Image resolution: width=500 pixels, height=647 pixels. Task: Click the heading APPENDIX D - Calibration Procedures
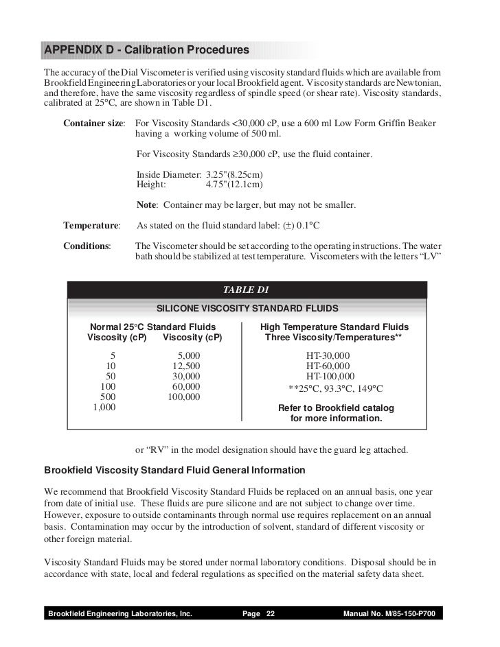click(x=146, y=51)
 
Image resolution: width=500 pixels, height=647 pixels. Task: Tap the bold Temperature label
click(x=91, y=225)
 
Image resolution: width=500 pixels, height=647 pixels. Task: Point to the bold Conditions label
click(x=87, y=246)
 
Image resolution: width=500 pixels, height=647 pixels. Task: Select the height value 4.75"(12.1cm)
click(x=234, y=185)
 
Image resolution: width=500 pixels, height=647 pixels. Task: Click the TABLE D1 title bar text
click(x=251, y=290)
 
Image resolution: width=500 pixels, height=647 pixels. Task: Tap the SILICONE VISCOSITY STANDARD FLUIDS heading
click(x=247, y=307)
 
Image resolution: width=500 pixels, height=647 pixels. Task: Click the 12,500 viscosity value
click(x=186, y=366)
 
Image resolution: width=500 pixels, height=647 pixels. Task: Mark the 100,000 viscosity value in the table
click(x=183, y=397)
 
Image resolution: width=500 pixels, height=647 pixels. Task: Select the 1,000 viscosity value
click(x=104, y=407)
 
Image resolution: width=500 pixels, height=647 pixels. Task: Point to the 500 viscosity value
click(x=107, y=397)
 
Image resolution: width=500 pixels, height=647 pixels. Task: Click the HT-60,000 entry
click(x=328, y=366)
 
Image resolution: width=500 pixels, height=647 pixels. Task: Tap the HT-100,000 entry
click(x=330, y=376)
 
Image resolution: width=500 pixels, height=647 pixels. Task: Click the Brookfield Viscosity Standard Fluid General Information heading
click(x=174, y=471)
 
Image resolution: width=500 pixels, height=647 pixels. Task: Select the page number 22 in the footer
click(x=270, y=613)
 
